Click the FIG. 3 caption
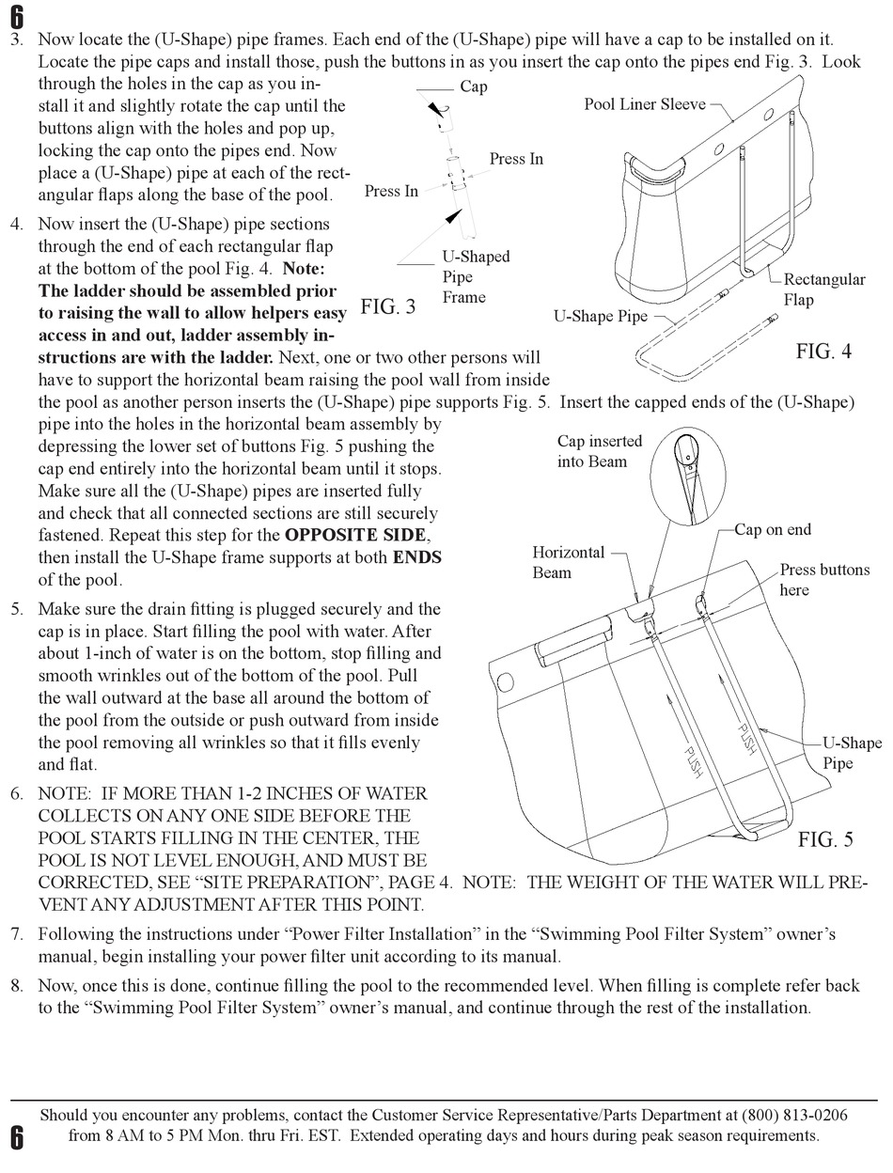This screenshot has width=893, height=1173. (x=387, y=307)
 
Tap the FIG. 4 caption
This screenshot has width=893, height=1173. (x=823, y=352)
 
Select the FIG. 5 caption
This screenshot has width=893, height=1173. (x=825, y=839)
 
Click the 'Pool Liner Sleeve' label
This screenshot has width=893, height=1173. (x=644, y=104)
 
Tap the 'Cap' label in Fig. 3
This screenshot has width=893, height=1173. (x=474, y=87)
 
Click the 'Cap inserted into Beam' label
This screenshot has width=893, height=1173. (x=600, y=451)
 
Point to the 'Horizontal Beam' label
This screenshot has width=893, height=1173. (x=569, y=562)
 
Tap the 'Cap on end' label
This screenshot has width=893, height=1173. (x=772, y=529)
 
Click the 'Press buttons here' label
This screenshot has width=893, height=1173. (x=823, y=580)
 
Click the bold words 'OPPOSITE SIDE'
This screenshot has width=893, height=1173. (x=356, y=536)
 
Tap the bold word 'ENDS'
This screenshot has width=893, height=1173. (x=416, y=557)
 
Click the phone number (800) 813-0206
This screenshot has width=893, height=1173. (x=794, y=1116)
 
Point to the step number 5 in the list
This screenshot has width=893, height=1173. (x=17, y=610)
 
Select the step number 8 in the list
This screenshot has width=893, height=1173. (x=17, y=986)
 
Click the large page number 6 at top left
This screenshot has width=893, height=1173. (x=16, y=16)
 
